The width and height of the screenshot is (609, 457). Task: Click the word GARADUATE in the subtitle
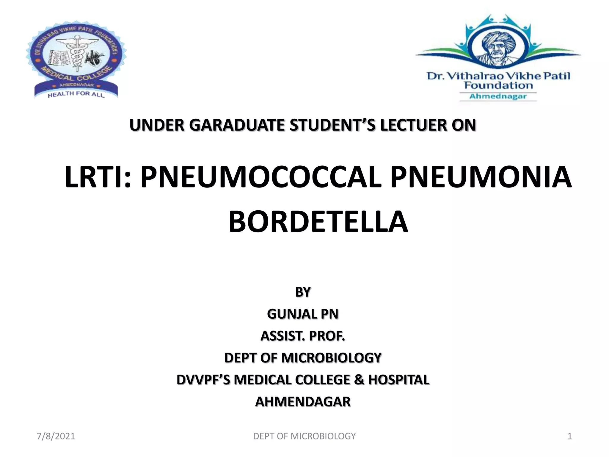pos(238,125)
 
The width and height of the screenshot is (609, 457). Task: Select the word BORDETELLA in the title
pos(318,222)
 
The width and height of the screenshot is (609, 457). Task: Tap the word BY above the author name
pos(303,292)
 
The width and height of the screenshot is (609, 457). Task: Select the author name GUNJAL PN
pos(303,314)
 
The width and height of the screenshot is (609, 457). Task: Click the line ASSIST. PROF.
pos(303,336)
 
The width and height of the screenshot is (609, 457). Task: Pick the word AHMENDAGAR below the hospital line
pos(303,402)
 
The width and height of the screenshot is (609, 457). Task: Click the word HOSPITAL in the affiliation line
pos(399,380)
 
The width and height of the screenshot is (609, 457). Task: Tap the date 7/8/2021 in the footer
pos(56,436)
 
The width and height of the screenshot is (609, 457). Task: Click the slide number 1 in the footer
pos(570,436)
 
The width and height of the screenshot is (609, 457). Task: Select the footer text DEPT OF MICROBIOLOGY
pos(304,436)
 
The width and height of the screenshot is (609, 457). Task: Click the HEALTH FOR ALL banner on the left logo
pos(76,94)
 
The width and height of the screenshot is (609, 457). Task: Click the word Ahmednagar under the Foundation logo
pos(498,96)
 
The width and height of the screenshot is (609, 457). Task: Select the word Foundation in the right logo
pos(498,86)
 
